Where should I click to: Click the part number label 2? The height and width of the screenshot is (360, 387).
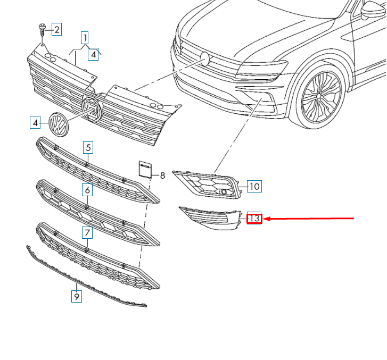pos(56,29)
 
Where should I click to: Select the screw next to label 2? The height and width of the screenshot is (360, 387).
pos(42,30)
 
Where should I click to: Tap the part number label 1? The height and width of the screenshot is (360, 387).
pos(84,37)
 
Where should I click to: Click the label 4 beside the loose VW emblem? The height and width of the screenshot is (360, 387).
pos(35,123)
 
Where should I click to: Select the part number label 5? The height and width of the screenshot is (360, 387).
pos(88,147)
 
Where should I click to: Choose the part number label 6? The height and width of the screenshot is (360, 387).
pos(87,190)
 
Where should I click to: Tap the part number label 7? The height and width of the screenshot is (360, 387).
pos(87,232)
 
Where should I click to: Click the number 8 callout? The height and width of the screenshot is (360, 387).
pos(162,174)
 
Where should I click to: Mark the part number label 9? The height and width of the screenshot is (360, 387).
pos(77,296)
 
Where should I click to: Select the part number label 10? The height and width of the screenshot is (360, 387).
pos(254,186)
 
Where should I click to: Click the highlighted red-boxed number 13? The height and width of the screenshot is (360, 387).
pos(254,218)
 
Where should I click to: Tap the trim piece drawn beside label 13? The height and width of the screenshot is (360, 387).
pos(210,218)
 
